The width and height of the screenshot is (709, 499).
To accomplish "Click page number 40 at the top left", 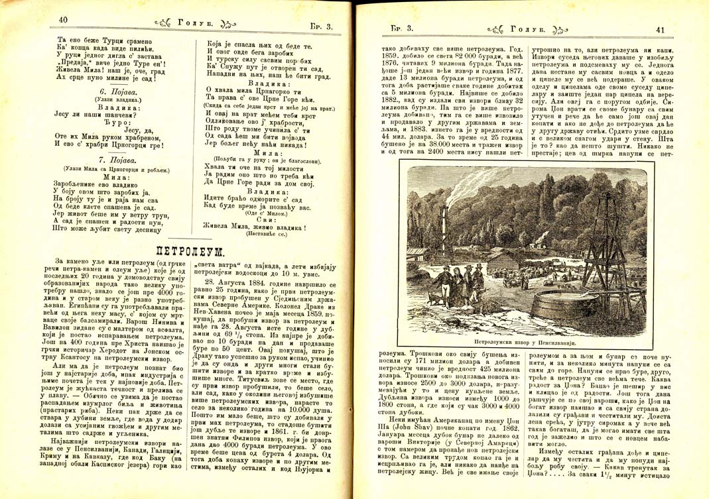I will coord(63,19).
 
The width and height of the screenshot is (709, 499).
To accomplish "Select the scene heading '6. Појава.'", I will coord(114,89).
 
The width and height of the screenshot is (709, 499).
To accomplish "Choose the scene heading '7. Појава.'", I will coord(114,160).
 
